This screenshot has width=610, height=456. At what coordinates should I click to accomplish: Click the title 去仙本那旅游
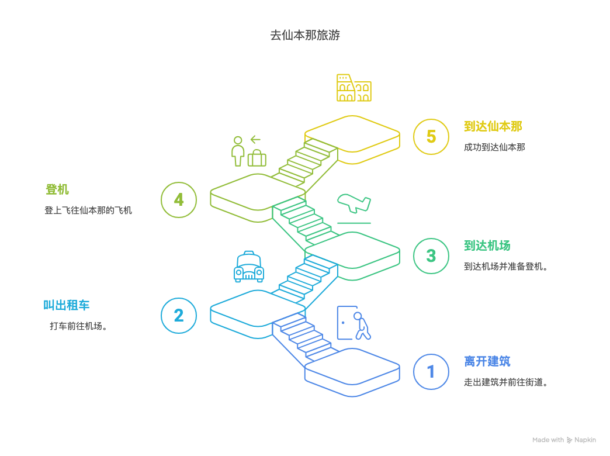[305, 35]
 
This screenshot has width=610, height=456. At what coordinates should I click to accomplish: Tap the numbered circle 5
[431, 137]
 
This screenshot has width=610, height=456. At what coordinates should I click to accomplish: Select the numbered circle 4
[179, 200]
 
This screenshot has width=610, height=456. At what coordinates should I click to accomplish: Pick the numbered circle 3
[431, 256]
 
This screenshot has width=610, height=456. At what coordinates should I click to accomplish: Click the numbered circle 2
[179, 316]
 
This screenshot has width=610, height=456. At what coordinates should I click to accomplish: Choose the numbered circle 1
[431, 372]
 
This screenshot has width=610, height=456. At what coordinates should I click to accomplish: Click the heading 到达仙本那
[493, 126]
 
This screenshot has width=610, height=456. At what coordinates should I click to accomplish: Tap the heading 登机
[57, 189]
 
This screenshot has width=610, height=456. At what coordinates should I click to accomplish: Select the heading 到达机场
[487, 246]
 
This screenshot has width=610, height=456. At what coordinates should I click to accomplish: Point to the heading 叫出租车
[67, 305]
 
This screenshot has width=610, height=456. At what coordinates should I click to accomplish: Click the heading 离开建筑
[487, 361]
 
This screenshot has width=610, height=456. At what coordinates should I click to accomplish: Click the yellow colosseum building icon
[353, 88]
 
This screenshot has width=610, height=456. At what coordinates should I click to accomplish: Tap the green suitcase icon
[257, 158]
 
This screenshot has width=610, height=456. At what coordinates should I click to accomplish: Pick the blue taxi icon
[249, 267]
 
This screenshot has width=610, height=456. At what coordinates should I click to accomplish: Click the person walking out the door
[354, 323]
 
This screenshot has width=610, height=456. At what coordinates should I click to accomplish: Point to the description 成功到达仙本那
[494, 147]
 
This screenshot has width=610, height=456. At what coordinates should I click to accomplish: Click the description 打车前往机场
[78, 326]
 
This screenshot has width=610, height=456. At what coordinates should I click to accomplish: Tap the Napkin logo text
[585, 440]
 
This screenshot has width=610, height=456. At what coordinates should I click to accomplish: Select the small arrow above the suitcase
[255, 139]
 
